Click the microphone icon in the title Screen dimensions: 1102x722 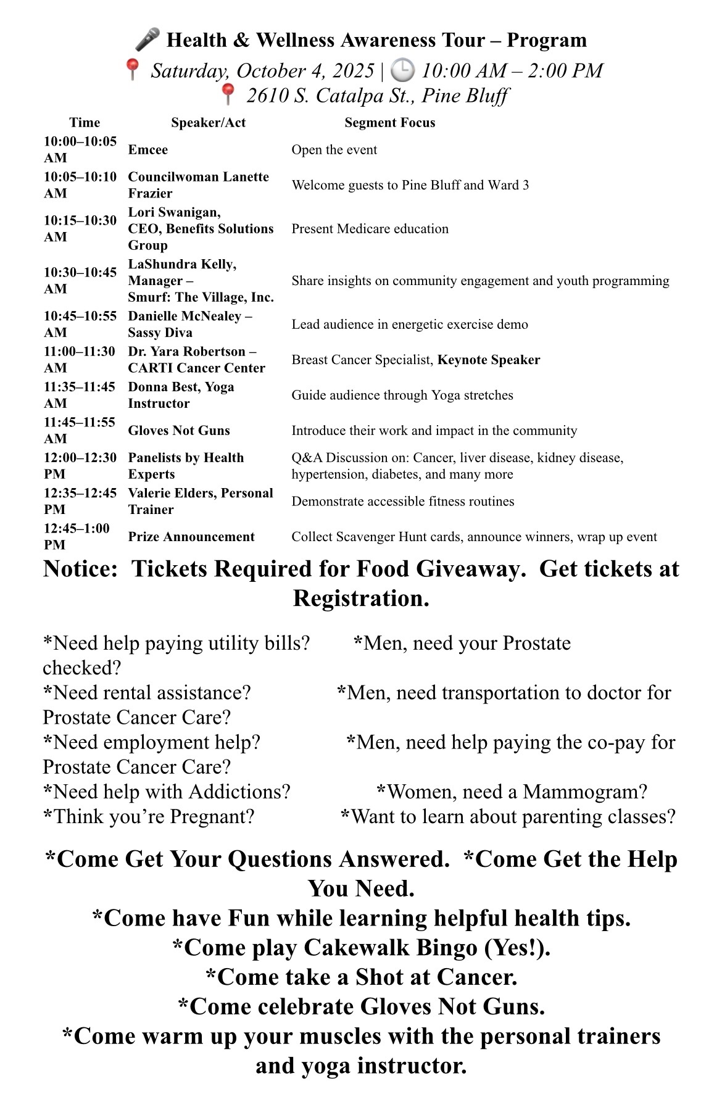click(147, 40)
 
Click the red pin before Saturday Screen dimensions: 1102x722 click(132, 70)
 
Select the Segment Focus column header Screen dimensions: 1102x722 click(389, 123)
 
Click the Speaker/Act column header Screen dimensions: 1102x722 click(208, 123)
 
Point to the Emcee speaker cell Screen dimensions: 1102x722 click(148, 150)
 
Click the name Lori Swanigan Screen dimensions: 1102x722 click(174, 212)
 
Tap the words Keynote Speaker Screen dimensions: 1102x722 click(489, 360)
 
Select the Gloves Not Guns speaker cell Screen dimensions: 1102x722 click(179, 431)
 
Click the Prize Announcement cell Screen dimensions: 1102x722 click(191, 537)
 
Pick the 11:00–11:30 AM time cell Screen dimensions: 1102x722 click(80, 360)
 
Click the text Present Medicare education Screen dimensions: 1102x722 click(370, 229)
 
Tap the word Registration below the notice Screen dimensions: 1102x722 click(361, 599)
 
